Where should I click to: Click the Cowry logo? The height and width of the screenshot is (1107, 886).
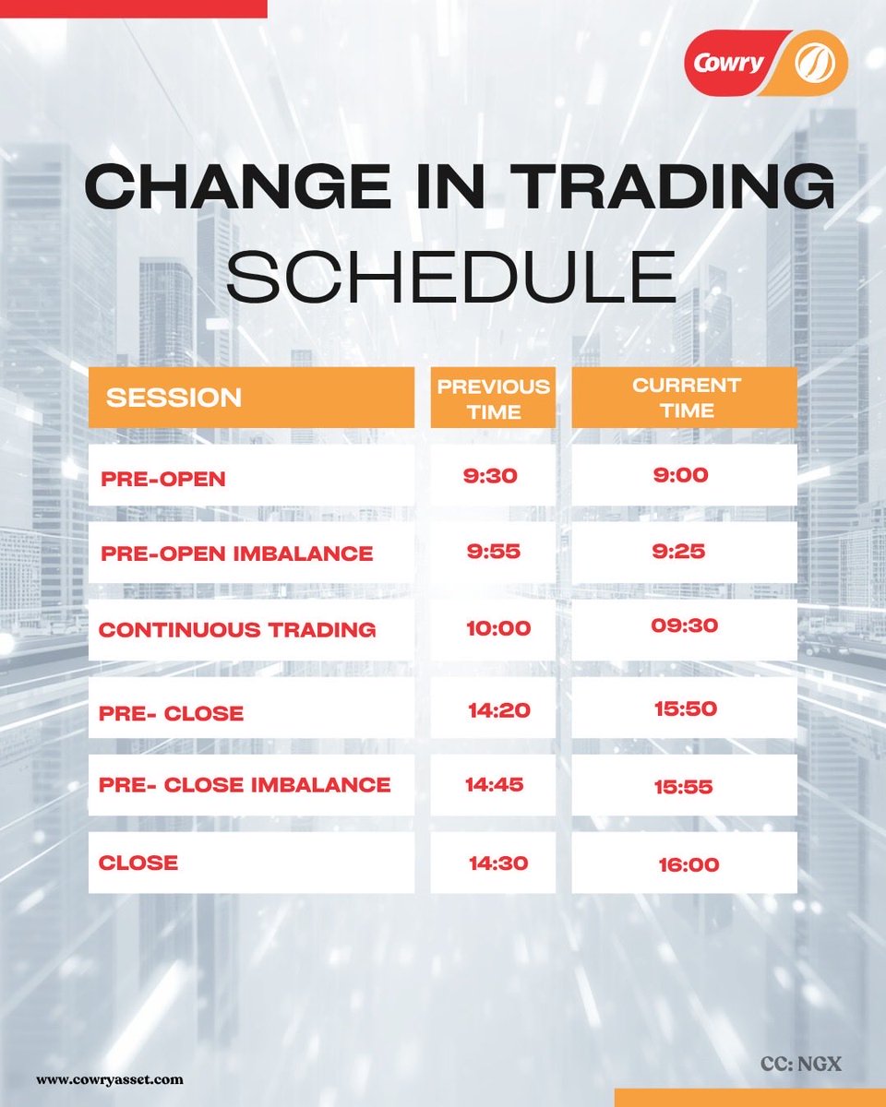(x=765, y=62)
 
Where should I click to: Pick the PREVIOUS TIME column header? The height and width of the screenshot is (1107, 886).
(x=493, y=398)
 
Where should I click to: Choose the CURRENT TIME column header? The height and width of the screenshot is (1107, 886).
(x=684, y=398)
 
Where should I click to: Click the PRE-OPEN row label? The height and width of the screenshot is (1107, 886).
(x=163, y=478)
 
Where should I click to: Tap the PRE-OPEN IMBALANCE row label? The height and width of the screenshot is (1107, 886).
(x=237, y=553)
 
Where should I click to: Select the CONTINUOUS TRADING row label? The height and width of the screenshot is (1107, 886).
(x=237, y=630)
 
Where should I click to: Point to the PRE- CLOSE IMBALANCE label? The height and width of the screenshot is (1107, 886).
(x=245, y=785)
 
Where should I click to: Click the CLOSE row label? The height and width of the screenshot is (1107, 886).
(x=138, y=863)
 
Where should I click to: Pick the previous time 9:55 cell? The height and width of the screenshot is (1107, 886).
(x=493, y=552)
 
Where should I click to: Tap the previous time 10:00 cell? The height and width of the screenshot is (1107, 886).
(x=498, y=629)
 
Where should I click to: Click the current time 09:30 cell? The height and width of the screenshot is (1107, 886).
(x=684, y=625)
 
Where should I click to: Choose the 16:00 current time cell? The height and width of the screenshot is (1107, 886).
(x=688, y=865)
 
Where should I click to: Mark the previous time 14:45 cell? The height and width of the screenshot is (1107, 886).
(x=494, y=785)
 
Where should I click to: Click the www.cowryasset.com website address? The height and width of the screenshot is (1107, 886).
(x=110, y=1078)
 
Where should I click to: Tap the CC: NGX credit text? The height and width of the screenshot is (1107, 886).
(x=801, y=1064)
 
